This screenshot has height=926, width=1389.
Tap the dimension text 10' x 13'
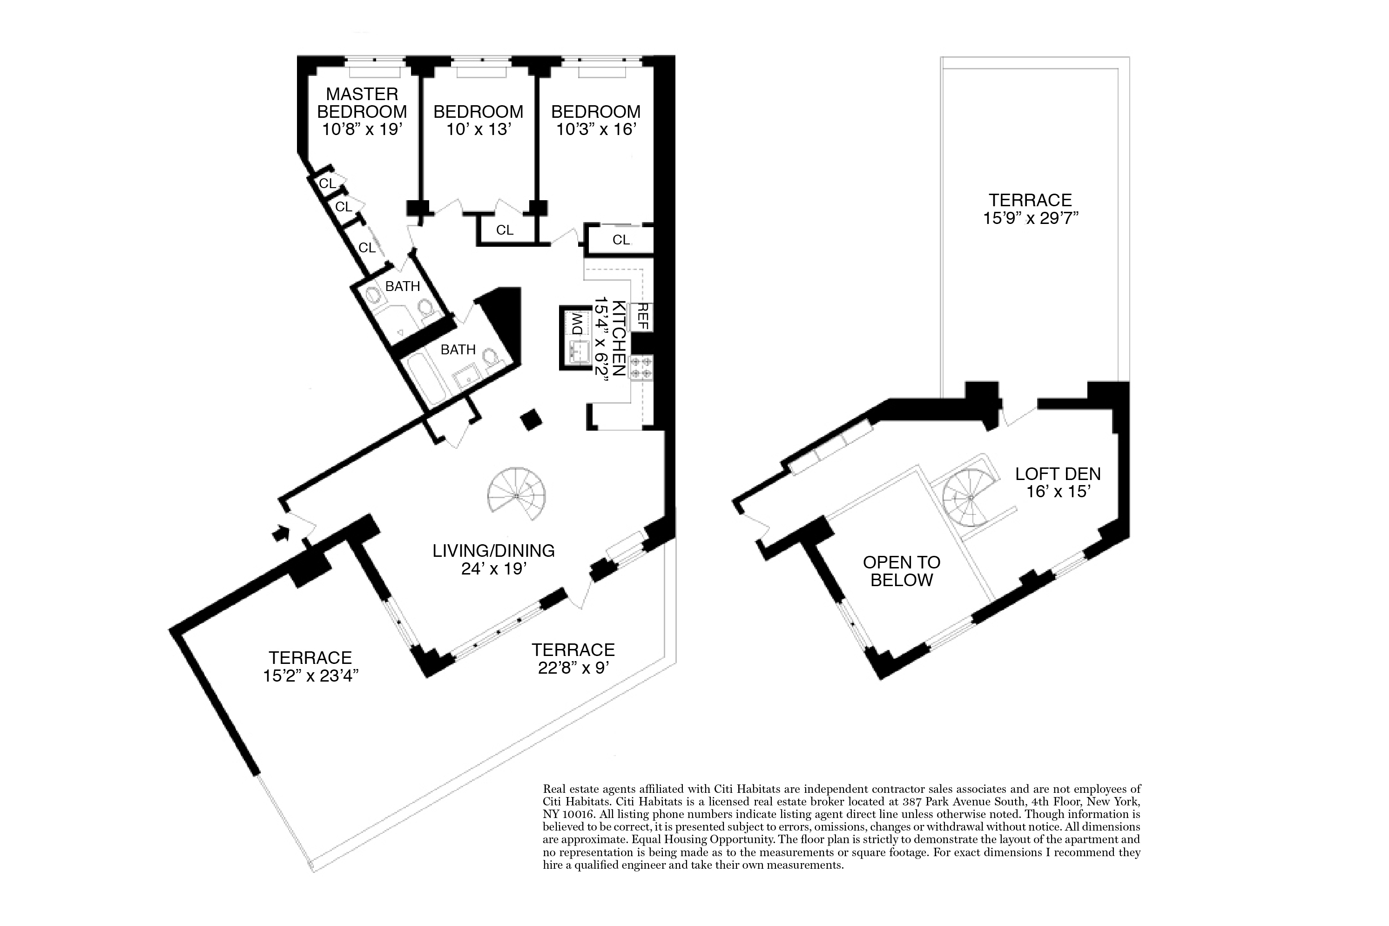pos(478,129)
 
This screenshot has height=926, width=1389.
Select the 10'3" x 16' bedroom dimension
pos(596,129)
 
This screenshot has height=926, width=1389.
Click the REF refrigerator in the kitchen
pos(643,317)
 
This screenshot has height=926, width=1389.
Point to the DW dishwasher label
pos(575,323)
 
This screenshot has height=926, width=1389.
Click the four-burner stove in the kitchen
pos(641,367)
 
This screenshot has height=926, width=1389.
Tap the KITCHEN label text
pos(619,338)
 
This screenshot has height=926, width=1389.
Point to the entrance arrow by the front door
pos(280,533)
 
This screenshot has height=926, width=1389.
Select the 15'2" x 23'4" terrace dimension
pos(311,676)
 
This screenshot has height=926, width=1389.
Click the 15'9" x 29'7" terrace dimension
pos(1031,218)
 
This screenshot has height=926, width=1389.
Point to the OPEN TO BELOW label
pos(901,571)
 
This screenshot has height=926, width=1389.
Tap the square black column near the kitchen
pos(531,419)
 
